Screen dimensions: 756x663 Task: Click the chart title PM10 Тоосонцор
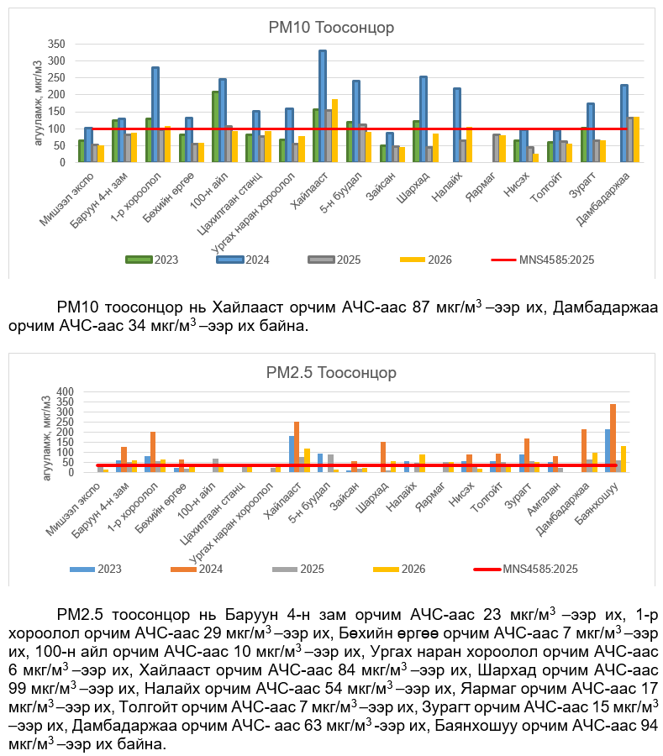click(x=331, y=28)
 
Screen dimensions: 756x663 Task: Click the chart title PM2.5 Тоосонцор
click(x=331, y=373)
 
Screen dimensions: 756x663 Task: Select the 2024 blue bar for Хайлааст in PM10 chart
click(x=323, y=106)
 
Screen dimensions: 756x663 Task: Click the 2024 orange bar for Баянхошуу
click(x=613, y=438)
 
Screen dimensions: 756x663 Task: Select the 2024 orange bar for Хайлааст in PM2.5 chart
click(x=297, y=447)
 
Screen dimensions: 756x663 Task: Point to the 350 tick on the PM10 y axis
click(x=55, y=44)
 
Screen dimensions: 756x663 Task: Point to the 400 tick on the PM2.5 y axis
click(x=66, y=392)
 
